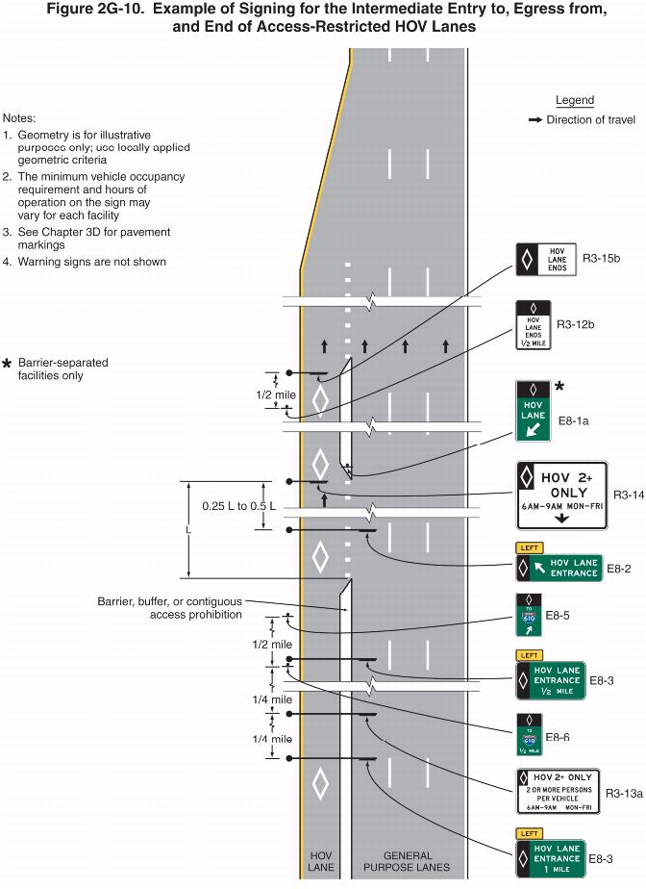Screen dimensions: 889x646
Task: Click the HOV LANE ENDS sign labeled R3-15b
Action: [548, 259]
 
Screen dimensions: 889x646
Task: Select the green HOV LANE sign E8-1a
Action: [534, 413]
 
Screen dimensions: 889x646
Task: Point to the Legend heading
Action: [575, 100]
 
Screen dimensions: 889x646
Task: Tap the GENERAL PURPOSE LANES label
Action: [408, 861]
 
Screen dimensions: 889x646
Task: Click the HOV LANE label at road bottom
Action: [320, 861]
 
